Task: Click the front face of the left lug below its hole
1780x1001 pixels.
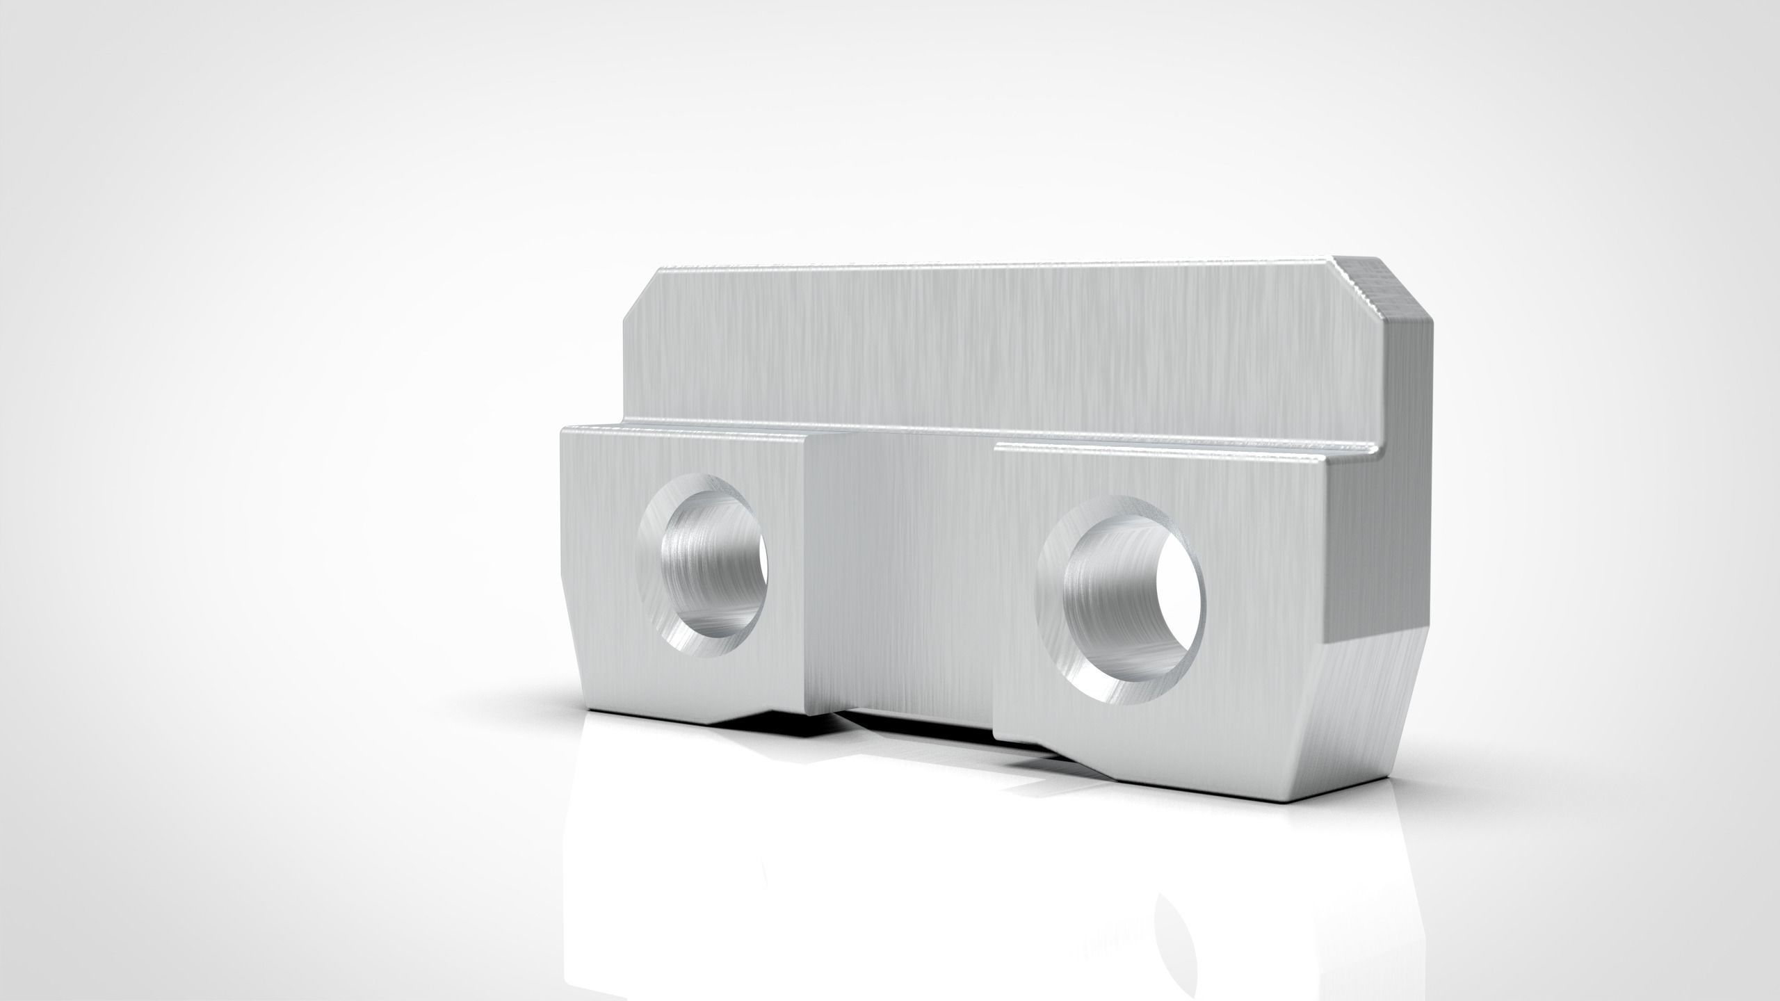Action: coord(688,695)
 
